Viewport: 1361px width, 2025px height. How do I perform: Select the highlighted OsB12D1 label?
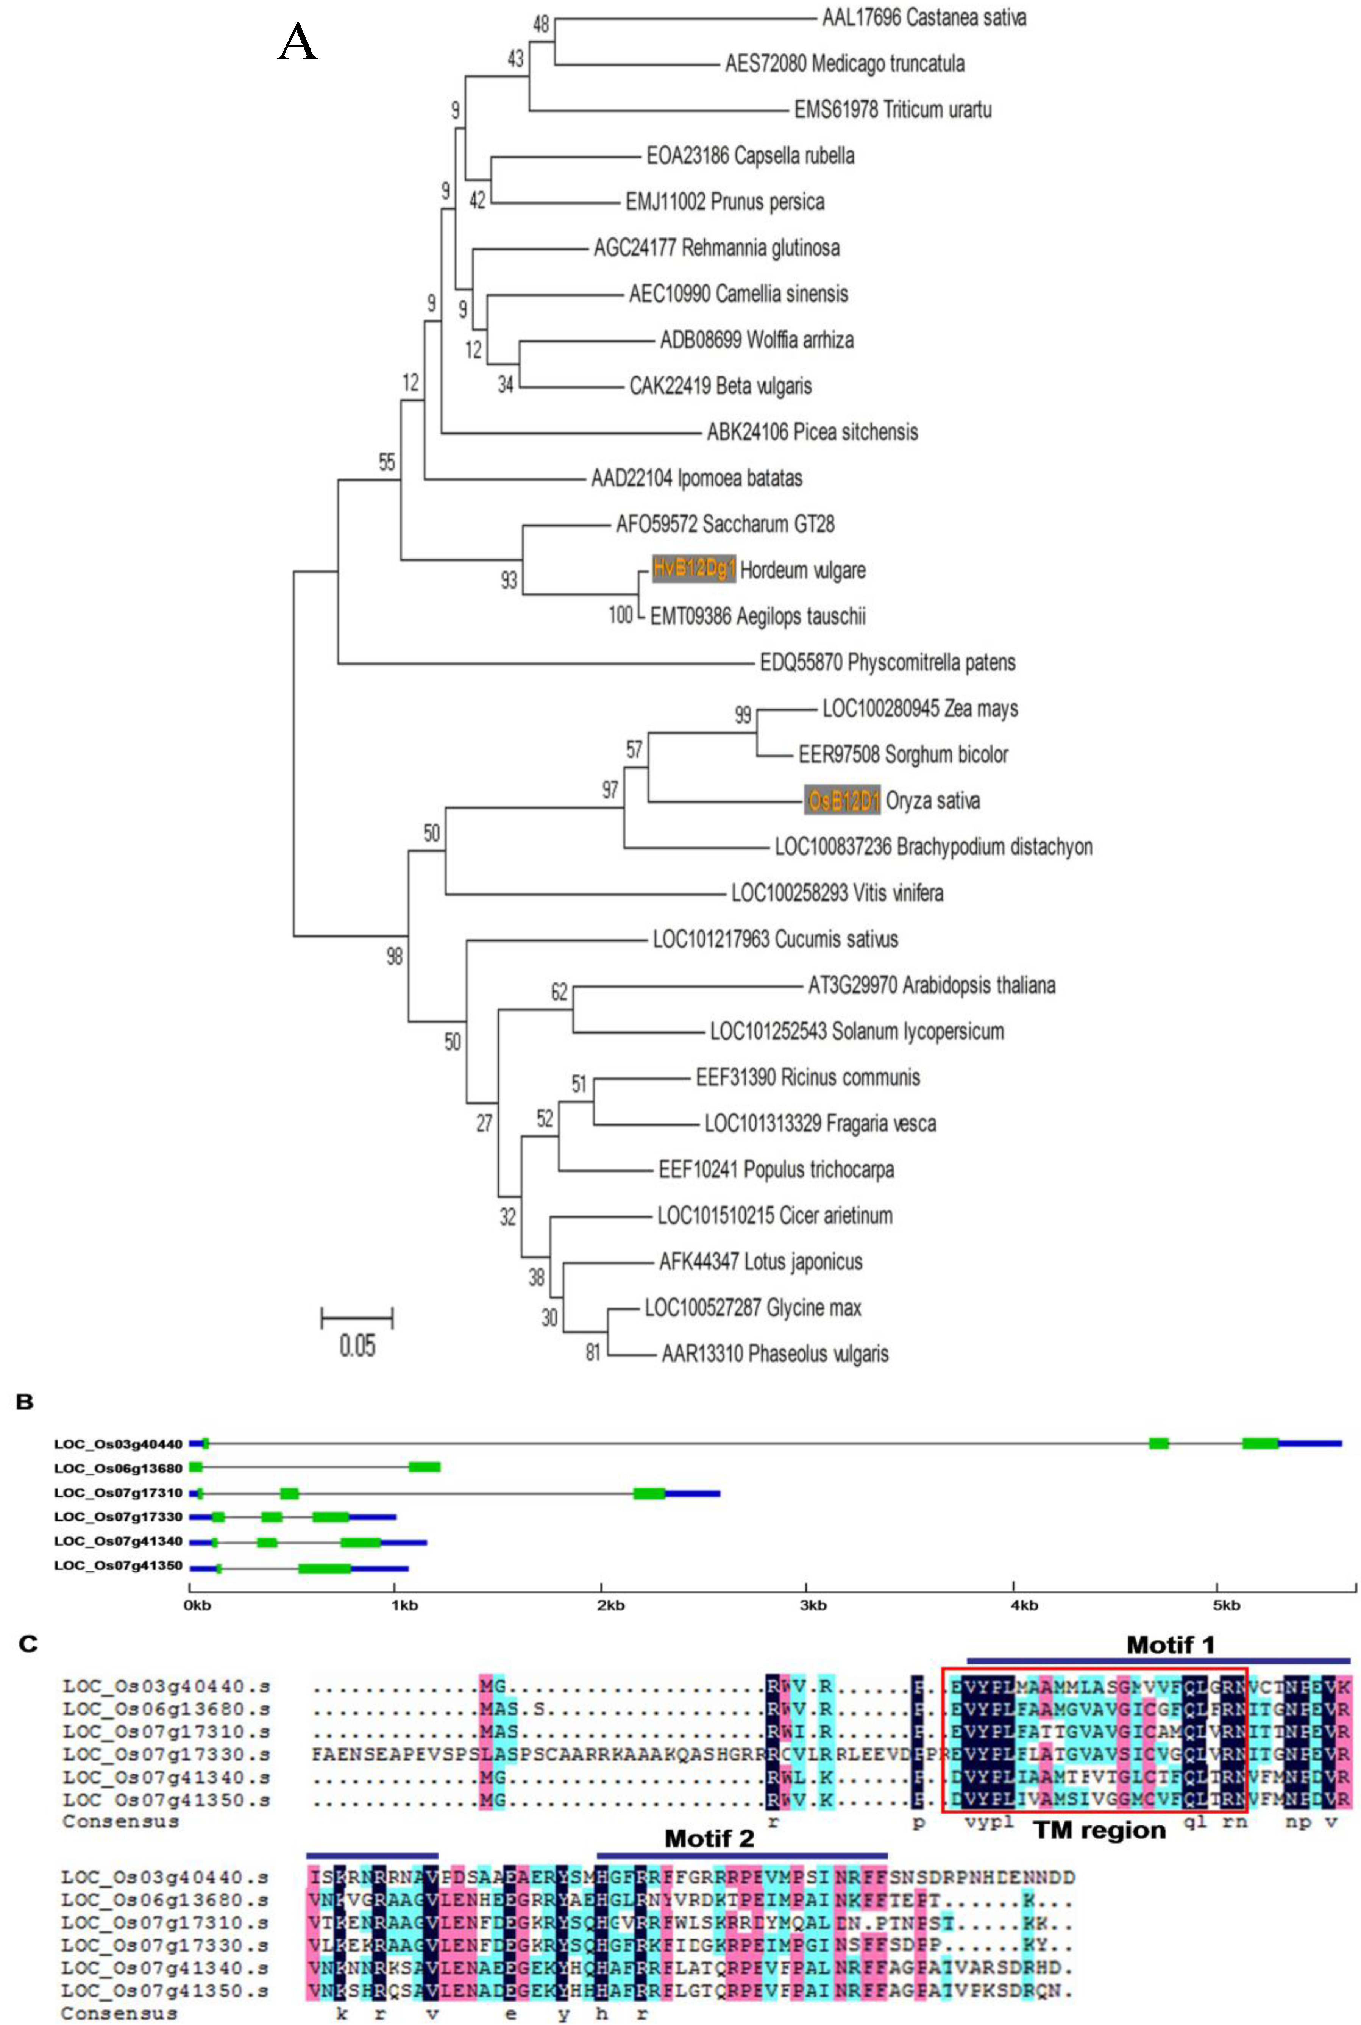pos(842,800)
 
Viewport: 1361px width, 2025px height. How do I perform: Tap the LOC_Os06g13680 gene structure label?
pos(118,1469)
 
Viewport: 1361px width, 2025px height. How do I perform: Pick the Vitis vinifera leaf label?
pos(837,892)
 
